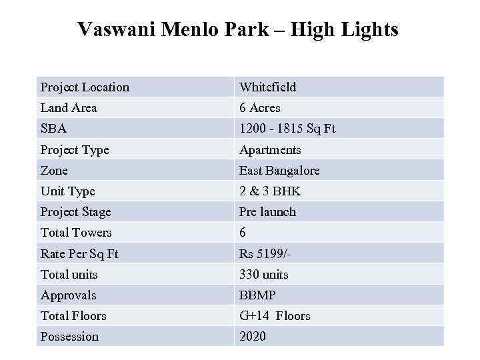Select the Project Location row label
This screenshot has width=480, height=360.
(85, 87)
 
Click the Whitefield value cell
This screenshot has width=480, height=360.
(267, 87)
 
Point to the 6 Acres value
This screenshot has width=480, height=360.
(260, 108)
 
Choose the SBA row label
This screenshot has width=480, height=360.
(53, 129)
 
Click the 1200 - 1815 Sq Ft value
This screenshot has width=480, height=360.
(287, 129)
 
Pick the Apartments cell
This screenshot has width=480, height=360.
(270, 150)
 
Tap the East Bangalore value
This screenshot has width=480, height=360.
(279, 171)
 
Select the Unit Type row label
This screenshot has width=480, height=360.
(67, 191)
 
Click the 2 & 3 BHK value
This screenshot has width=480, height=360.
(270, 191)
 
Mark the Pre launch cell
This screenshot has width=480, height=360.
(267, 212)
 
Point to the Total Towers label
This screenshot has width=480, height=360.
(76, 233)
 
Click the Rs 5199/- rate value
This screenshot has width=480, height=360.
(265, 254)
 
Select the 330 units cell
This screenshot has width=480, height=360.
(264, 275)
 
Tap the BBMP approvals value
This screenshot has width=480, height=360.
(257, 295)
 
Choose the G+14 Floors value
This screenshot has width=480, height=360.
(275, 316)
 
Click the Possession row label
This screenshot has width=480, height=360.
(69, 337)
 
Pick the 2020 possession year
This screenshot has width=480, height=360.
(253, 337)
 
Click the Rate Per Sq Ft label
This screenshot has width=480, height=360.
(79, 254)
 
